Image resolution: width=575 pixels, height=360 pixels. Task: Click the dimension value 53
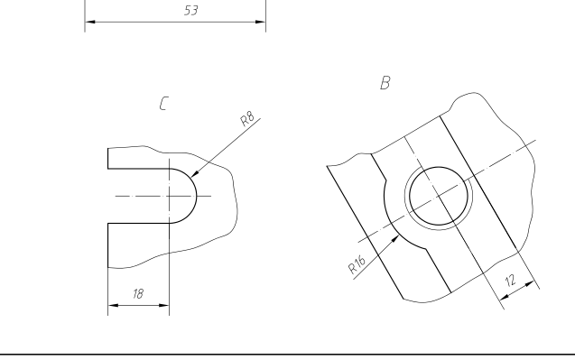coord(191,10)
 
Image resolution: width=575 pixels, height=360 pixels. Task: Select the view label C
coord(164,104)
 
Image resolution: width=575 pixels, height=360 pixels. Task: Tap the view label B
coord(385,82)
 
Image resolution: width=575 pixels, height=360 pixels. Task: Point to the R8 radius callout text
coord(247,118)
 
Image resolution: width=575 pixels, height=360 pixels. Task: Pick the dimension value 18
coord(138,293)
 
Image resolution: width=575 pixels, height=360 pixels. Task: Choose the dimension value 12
coord(511,281)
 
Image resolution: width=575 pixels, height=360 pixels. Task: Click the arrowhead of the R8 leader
coord(195,173)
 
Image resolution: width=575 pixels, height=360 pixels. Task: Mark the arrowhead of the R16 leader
coord(395,239)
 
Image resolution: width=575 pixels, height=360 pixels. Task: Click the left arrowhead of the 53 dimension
coord(90,22)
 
